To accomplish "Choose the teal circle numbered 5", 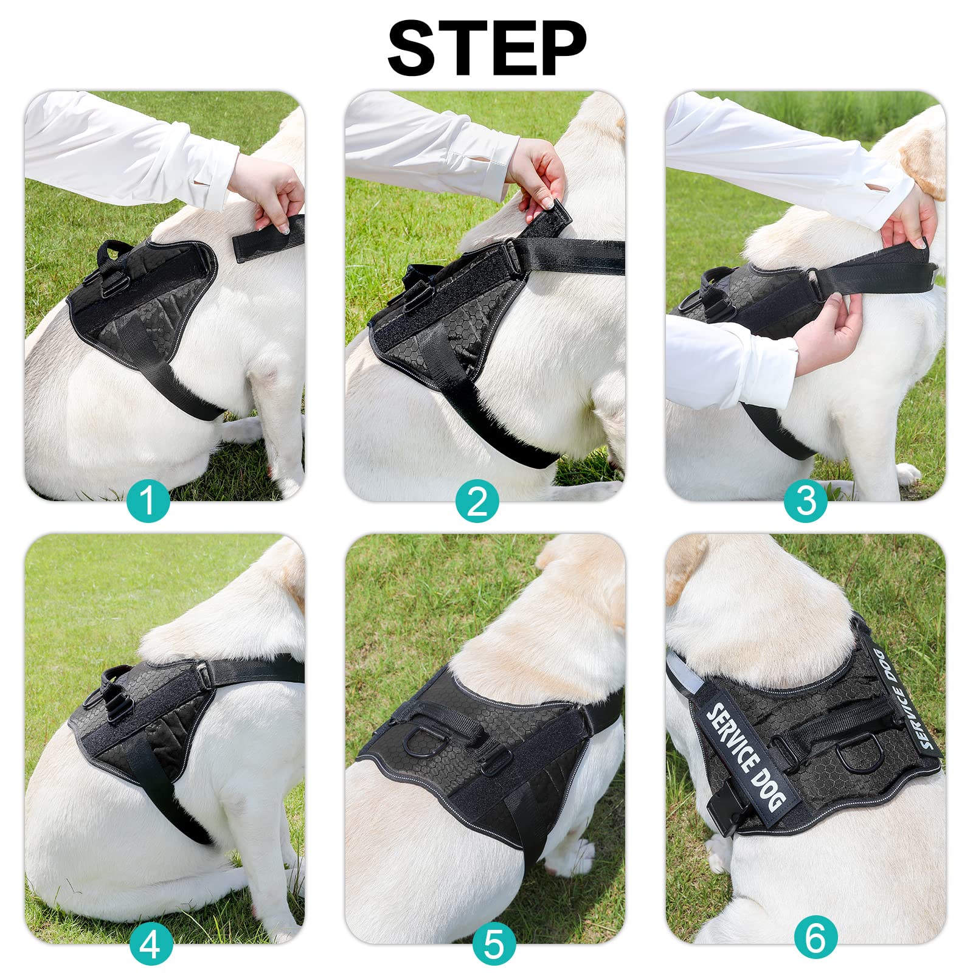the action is [x=494, y=944].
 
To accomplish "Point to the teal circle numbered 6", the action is [x=815, y=937].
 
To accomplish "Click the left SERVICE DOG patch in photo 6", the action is [x=746, y=757].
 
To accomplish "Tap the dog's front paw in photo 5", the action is [x=569, y=854].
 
